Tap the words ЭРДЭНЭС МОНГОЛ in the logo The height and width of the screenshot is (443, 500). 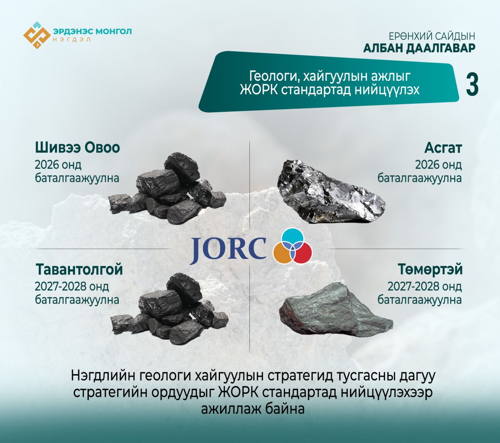coord(92,32)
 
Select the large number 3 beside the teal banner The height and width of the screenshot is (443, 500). coord(472,85)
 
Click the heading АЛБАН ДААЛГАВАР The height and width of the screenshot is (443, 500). coord(419,48)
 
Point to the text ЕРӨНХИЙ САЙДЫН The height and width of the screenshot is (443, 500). coord(432,36)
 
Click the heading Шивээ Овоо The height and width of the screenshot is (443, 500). coord(77,148)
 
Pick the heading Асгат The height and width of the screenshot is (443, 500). coord(443,148)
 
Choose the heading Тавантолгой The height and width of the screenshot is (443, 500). coord(79,269)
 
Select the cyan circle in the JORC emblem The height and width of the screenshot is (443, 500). coord(292,238)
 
